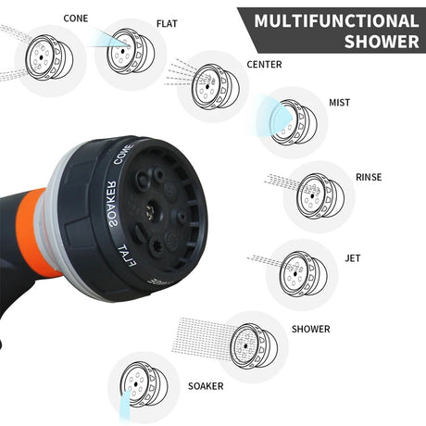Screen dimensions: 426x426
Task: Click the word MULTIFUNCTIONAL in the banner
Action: (336, 21)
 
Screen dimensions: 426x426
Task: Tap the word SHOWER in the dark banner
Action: (382, 42)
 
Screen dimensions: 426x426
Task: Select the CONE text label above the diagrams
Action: (76, 19)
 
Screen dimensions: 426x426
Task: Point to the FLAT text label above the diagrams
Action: (167, 24)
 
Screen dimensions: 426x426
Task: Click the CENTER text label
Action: (264, 65)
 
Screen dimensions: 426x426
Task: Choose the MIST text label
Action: (340, 103)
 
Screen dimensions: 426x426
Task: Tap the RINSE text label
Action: (369, 177)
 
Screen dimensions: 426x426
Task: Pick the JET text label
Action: (353, 258)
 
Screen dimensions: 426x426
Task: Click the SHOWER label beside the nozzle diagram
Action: (311, 329)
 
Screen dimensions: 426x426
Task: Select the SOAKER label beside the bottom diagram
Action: (206, 386)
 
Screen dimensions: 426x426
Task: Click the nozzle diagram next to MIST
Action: (294, 122)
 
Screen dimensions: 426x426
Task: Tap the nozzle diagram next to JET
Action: (304, 274)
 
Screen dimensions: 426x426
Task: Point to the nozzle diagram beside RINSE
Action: (320, 196)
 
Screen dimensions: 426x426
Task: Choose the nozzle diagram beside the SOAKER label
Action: (144, 384)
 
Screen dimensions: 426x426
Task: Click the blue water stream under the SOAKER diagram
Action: (125, 406)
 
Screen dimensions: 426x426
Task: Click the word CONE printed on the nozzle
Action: (123, 154)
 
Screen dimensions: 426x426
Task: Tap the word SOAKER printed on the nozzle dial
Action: (112, 204)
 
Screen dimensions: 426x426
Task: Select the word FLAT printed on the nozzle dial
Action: (127, 256)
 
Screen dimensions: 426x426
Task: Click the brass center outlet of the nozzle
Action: (152, 210)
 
